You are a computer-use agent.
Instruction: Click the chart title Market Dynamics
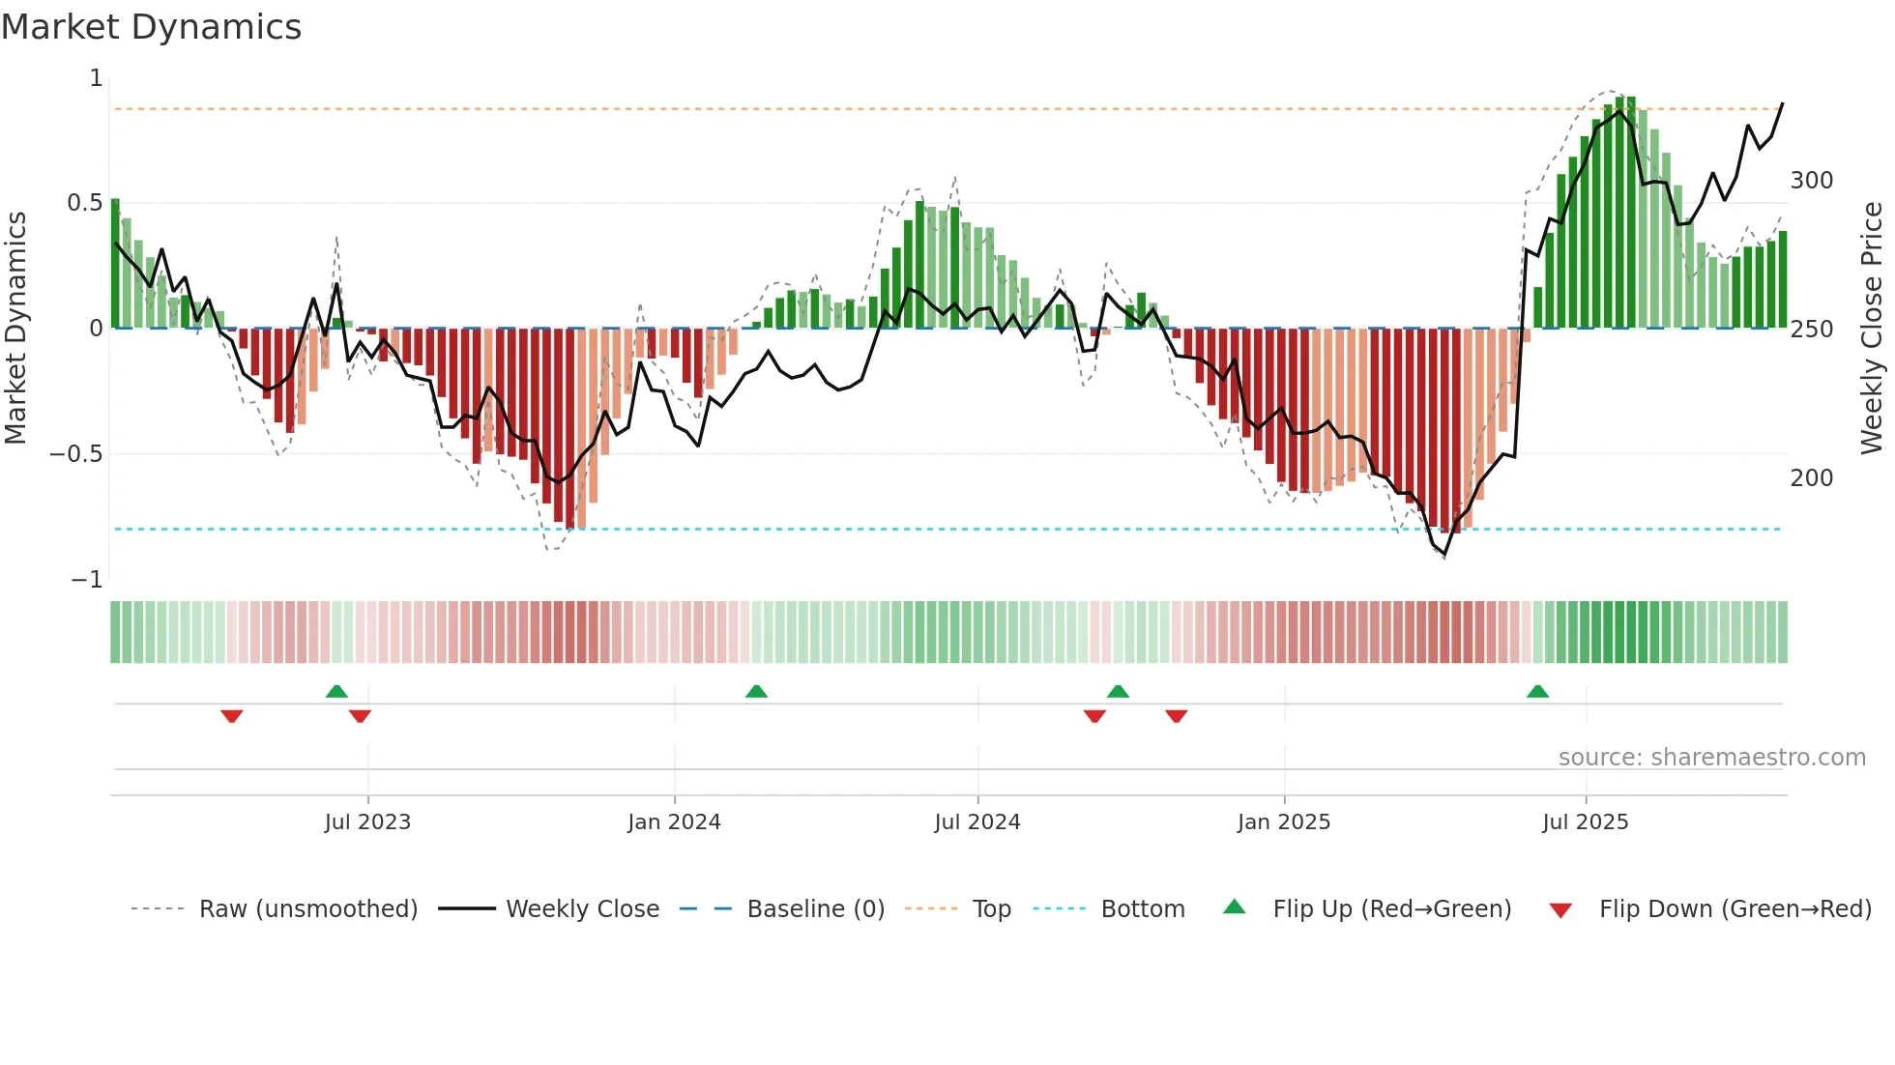[151, 27]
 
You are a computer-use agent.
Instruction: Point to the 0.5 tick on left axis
[84, 203]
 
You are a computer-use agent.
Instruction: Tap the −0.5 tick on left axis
[76, 454]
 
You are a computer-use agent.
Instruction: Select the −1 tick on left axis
[86, 580]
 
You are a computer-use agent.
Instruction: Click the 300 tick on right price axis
[1811, 181]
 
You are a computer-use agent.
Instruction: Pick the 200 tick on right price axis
[1811, 478]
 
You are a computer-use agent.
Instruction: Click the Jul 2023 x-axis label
[367, 822]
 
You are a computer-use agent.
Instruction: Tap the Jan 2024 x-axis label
[674, 822]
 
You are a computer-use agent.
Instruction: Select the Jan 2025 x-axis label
[1284, 822]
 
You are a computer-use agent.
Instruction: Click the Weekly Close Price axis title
[1872, 329]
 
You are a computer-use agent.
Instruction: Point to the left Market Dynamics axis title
[15, 329]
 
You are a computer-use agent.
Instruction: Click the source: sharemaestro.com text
[1711, 758]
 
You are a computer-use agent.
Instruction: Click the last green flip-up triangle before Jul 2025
[1537, 691]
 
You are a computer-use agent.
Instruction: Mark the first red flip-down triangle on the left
[231, 716]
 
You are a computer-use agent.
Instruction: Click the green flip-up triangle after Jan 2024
[756, 691]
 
